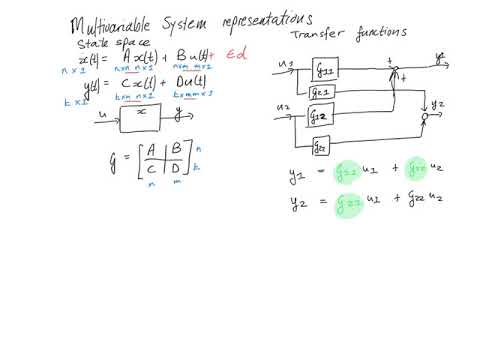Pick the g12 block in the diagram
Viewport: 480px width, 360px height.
[x=320, y=116]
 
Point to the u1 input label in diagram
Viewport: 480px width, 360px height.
[x=286, y=65]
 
